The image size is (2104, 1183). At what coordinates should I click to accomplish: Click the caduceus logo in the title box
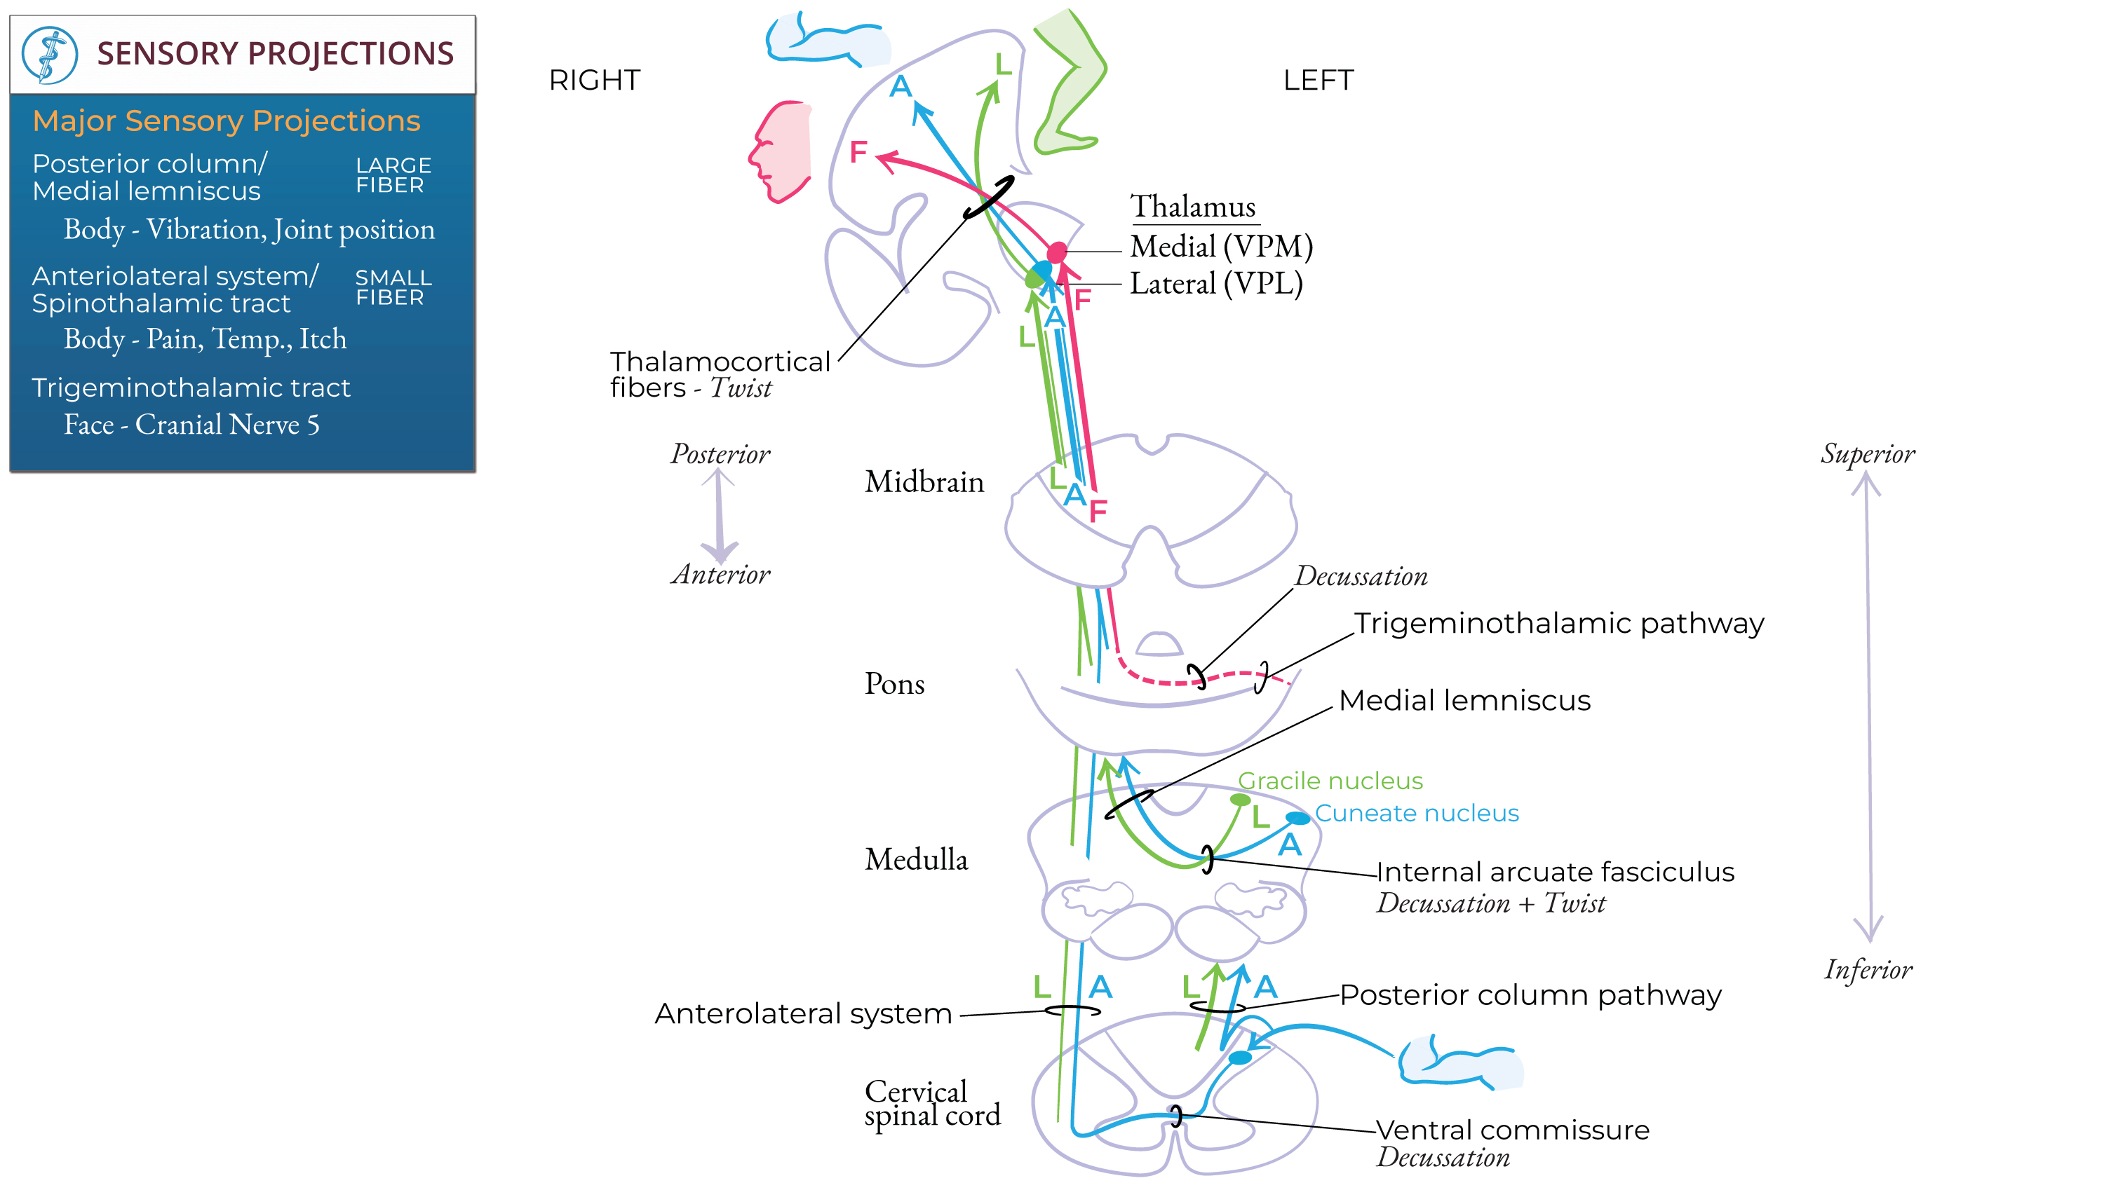[x=49, y=55]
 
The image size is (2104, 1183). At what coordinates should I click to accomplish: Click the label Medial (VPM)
[x=1221, y=247]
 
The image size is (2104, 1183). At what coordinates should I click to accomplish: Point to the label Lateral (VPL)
[x=1215, y=284]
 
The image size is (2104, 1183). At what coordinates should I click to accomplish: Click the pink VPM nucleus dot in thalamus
[x=1057, y=252]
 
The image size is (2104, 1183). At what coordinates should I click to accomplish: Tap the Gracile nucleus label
[x=1330, y=781]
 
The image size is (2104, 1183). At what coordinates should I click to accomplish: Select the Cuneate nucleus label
[x=1416, y=813]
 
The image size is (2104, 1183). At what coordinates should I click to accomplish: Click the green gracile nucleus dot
[x=1240, y=799]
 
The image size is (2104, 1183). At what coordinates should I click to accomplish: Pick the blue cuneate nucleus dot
[x=1297, y=817]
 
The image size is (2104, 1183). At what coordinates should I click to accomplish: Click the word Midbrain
[x=924, y=481]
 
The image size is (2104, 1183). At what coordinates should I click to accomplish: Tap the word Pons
[x=894, y=684]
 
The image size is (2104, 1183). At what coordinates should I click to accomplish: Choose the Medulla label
[x=916, y=860]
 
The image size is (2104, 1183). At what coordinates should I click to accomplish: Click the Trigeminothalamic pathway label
[x=1558, y=624]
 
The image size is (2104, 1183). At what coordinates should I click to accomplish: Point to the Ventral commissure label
[x=1513, y=1130]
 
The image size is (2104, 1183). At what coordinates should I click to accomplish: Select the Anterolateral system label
[x=803, y=1014]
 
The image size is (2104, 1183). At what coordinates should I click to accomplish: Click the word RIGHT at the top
[x=595, y=80]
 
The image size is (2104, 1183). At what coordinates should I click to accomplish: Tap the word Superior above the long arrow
[x=1867, y=454]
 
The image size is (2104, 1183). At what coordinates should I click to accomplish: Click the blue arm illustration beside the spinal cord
[x=1458, y=1061]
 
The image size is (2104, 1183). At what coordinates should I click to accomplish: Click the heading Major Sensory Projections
[x=227, y=121]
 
